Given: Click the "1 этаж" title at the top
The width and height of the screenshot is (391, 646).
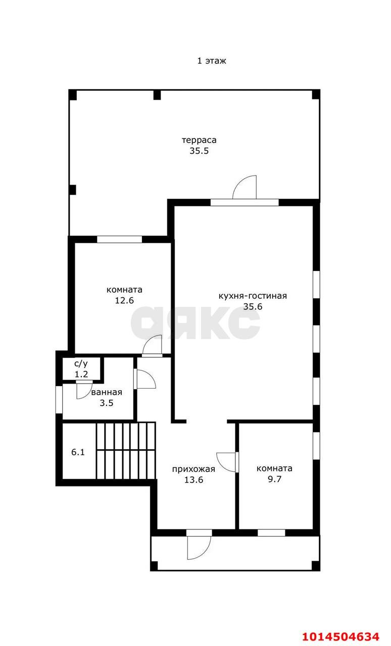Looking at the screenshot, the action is pos(211,61).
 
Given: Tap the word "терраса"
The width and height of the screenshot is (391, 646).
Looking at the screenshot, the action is pos(199,140).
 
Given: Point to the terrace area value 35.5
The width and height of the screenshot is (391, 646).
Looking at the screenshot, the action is pos(199,151).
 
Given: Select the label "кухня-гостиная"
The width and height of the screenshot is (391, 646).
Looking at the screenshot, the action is pos(253,296).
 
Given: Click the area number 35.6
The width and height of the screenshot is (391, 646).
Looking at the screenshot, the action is pos(253,306).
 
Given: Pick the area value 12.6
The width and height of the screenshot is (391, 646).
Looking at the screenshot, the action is pos(124,300).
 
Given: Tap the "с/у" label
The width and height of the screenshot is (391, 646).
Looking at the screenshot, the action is pos(81,363).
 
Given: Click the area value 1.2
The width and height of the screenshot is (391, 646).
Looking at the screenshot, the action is pos(81,374).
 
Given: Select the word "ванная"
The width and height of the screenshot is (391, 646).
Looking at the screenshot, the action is pos(107,392).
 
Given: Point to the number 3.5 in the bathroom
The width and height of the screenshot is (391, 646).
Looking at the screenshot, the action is pos(107,403).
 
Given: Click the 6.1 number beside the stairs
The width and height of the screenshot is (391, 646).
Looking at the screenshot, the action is pos(78,452).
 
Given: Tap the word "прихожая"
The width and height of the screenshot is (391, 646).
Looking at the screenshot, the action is pos(193,469).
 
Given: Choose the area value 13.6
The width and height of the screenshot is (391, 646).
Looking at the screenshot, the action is pos(193,479).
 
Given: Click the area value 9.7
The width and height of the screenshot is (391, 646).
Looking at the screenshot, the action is pos(274,479).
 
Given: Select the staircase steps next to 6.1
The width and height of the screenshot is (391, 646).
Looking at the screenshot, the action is pos(126,451).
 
